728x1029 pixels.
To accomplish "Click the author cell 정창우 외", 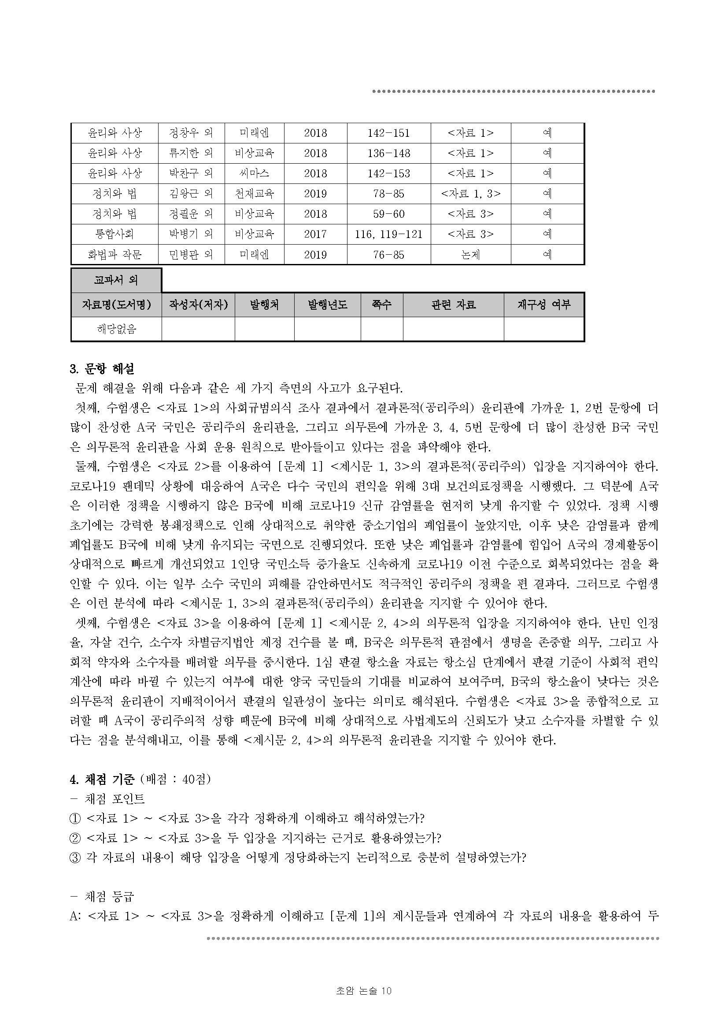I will (x=191, y=133).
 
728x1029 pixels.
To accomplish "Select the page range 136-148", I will (x=388, y=153).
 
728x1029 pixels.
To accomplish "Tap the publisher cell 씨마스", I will (x=254, y=173).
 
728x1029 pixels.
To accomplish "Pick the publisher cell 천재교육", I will (x=254, y=194).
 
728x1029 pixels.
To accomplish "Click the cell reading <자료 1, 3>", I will (x=470, y=194).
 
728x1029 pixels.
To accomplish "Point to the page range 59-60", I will (x=388, y=214).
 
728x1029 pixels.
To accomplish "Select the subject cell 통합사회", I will (x=115, y=234).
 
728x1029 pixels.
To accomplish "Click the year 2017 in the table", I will (x=315, y=234).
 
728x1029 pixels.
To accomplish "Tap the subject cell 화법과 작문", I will (x=115, y=255).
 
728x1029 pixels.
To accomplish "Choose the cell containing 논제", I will (x=470, y=255).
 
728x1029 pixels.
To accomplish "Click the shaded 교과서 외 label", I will (x=116, y=281).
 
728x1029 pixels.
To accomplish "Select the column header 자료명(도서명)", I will (x=116, y=305).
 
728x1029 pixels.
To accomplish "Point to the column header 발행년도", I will (x=327, y=305).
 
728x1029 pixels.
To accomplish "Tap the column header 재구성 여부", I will (x=543, y=305).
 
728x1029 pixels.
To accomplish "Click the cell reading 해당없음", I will (x=116, y=330).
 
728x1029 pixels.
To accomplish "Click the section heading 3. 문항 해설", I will (x=102, y=369).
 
